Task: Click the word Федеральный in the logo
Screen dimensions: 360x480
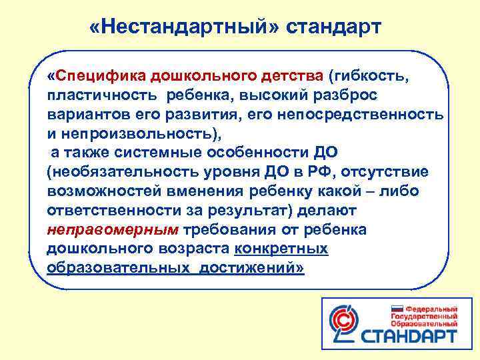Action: (433, 309)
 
